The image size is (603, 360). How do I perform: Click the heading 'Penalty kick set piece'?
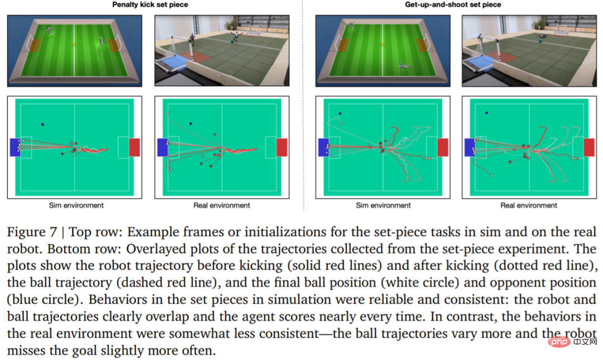(x=150, y=5)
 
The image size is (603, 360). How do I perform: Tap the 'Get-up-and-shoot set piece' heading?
(x=453, y=5)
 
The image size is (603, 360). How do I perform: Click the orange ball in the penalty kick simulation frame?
(x=74, y=45)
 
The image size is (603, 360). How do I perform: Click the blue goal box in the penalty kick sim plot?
(x=15, y=147)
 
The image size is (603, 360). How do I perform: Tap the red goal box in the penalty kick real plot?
(x=282, y=147)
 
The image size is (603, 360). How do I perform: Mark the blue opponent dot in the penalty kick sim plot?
(x=42, y=124)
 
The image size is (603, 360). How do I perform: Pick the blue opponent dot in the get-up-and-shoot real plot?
(x=486, y=113)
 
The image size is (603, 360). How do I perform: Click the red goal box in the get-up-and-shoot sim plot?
(x=442, y=147)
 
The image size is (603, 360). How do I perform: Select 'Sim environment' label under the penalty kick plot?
(x=76, y=205)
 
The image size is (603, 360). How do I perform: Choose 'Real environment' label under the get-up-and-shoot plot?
(x=529, y=205)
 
